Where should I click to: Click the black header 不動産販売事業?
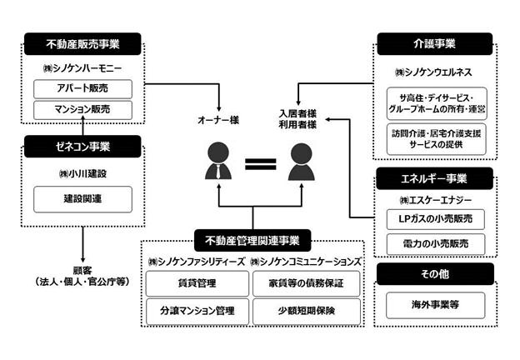point(82,44)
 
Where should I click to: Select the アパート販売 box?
point(82,89)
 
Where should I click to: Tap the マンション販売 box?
point(82,110)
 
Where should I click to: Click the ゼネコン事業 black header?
point(82,146)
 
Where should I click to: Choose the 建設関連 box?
point(82,199)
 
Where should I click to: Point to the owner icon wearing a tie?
point(218,161)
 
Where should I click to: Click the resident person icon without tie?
point(301,162)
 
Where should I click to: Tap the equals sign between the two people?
point(260,164)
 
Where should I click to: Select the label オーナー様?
point(218,120)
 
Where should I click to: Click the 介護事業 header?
point(435,44)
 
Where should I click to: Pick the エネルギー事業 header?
point(434,178)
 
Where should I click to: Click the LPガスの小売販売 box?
point(436,219)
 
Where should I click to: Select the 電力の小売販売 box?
point(436,244)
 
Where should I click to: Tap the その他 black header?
point(435,274)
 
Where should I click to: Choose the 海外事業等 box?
point(436,305)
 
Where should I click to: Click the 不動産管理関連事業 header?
point(252,240)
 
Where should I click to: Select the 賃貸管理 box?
point(197,283)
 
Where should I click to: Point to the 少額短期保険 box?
point(307,311)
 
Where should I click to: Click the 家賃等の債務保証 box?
point(307,283)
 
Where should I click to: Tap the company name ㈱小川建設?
point(82,173)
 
